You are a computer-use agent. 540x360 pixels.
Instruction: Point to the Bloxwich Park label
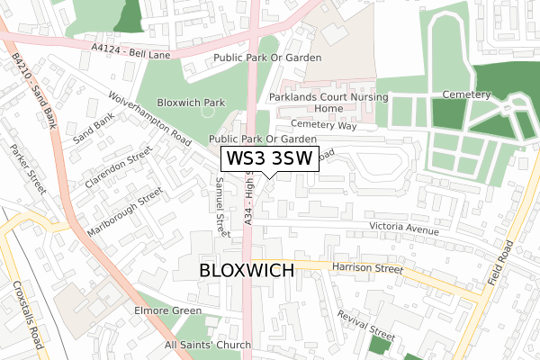pos(191,103)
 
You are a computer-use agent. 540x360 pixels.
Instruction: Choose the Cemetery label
pos(466,94)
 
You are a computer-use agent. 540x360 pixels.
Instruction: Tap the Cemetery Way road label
pos(324,126)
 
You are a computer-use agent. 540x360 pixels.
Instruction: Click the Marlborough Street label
pos(124,211)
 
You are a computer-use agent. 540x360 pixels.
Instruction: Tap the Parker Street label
pos(26,168)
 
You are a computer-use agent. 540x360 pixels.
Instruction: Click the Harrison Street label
pos(366,267)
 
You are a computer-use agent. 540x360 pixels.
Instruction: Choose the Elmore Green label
pos(169,312)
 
